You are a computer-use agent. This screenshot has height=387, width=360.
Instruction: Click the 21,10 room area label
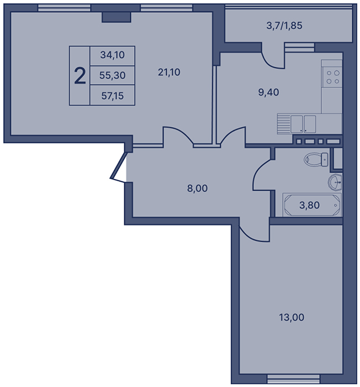tap(169, 72)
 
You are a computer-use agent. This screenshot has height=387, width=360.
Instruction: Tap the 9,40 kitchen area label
tap(268, 92)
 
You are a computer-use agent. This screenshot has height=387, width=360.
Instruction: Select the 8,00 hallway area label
tap(197, 189)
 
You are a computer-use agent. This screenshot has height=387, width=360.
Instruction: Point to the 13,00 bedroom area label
tap(292, 317)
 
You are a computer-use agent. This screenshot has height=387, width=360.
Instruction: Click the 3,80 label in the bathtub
tap(309, 205)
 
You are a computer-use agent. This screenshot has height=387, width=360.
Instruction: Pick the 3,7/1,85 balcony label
tap(284, 25)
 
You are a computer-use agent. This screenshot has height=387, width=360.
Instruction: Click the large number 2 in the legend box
tap(80, 76)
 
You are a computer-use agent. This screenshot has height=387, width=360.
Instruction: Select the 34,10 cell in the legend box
tap(113, 55)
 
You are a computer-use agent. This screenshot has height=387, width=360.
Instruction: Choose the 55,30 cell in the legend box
tap(113, 75)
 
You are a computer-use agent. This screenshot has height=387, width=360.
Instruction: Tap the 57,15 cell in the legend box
tap(113, 96)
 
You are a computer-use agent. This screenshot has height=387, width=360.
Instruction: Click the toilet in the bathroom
tap(316, 159)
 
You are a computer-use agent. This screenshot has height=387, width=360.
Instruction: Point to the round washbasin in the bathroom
tap(335, 182)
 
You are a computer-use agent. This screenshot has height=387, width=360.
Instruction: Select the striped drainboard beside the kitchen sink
tap(284, 124)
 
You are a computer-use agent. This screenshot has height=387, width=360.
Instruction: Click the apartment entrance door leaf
tap(118, 166)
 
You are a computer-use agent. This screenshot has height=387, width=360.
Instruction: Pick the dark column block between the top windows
tap(116, 17)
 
